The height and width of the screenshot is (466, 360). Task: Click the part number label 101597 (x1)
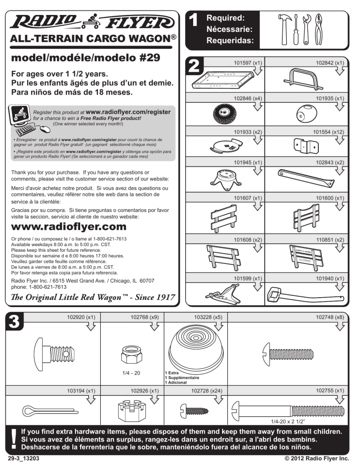coord(247,62)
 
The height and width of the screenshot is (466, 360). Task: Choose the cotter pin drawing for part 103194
coord(42,411)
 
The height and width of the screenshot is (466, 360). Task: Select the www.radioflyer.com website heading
coord(68,227)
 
